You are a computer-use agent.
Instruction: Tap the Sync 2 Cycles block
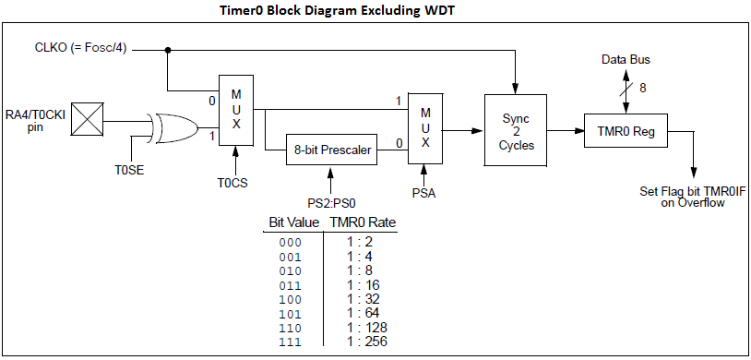514,131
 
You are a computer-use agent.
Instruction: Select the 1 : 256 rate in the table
367,341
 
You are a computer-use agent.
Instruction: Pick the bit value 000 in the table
290,243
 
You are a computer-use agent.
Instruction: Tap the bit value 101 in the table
290,314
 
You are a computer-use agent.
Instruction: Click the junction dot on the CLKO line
167,50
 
